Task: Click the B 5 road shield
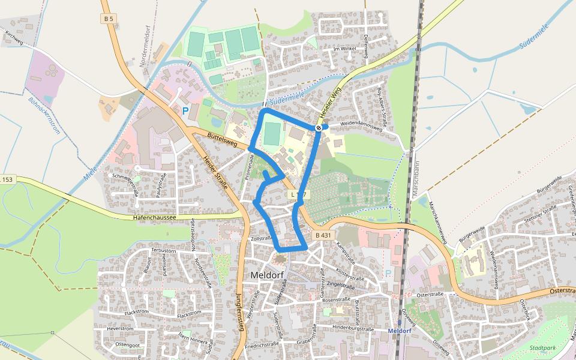pos(108,19)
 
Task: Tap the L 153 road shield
pos(7,180)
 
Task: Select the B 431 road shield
pos(322,235)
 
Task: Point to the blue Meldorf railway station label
pos(399,331)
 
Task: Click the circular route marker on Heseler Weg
pos(319,128)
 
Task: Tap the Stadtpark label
pos(543,347)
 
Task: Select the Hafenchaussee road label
pos(154,217)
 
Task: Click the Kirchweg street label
pos(13,38)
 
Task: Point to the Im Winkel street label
pos(344,49)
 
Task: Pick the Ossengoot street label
pos(127,345)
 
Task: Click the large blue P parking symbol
pos(185,111)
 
